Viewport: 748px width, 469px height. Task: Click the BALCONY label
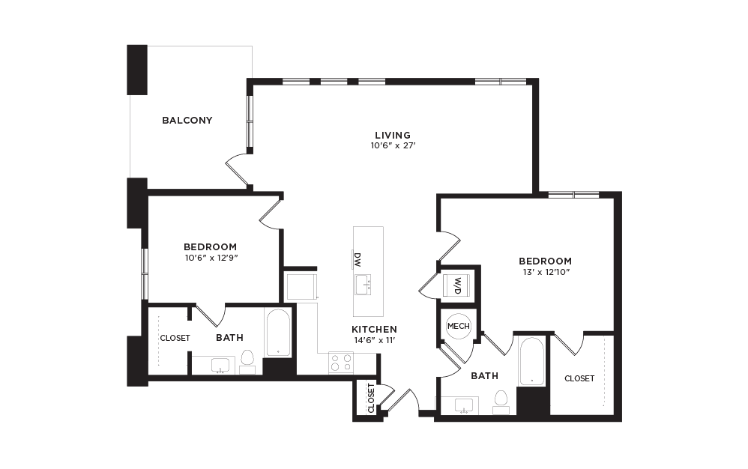tap(187, 120)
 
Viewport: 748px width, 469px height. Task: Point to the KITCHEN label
tap(374, 330)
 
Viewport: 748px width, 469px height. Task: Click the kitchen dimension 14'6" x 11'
tap(374, 341)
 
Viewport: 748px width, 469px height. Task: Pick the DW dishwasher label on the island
tap(358, 259)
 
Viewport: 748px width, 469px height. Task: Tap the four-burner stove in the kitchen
tap(341, 363)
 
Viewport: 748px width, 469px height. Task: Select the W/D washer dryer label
tap(457, 285)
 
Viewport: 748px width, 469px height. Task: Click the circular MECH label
tap(458, 326)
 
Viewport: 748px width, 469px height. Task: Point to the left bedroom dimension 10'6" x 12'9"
tap(211, 258)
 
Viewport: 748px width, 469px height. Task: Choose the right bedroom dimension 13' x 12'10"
tap(545, 272)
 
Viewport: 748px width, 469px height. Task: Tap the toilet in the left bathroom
tap(248, 360)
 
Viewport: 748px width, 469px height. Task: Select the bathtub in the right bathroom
tap(531, 362)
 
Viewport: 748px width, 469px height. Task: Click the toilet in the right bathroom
tap(501, 401)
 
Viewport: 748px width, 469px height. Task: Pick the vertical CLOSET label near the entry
tap(371, 398)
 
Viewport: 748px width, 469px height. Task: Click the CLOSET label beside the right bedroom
tap(579, 378)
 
